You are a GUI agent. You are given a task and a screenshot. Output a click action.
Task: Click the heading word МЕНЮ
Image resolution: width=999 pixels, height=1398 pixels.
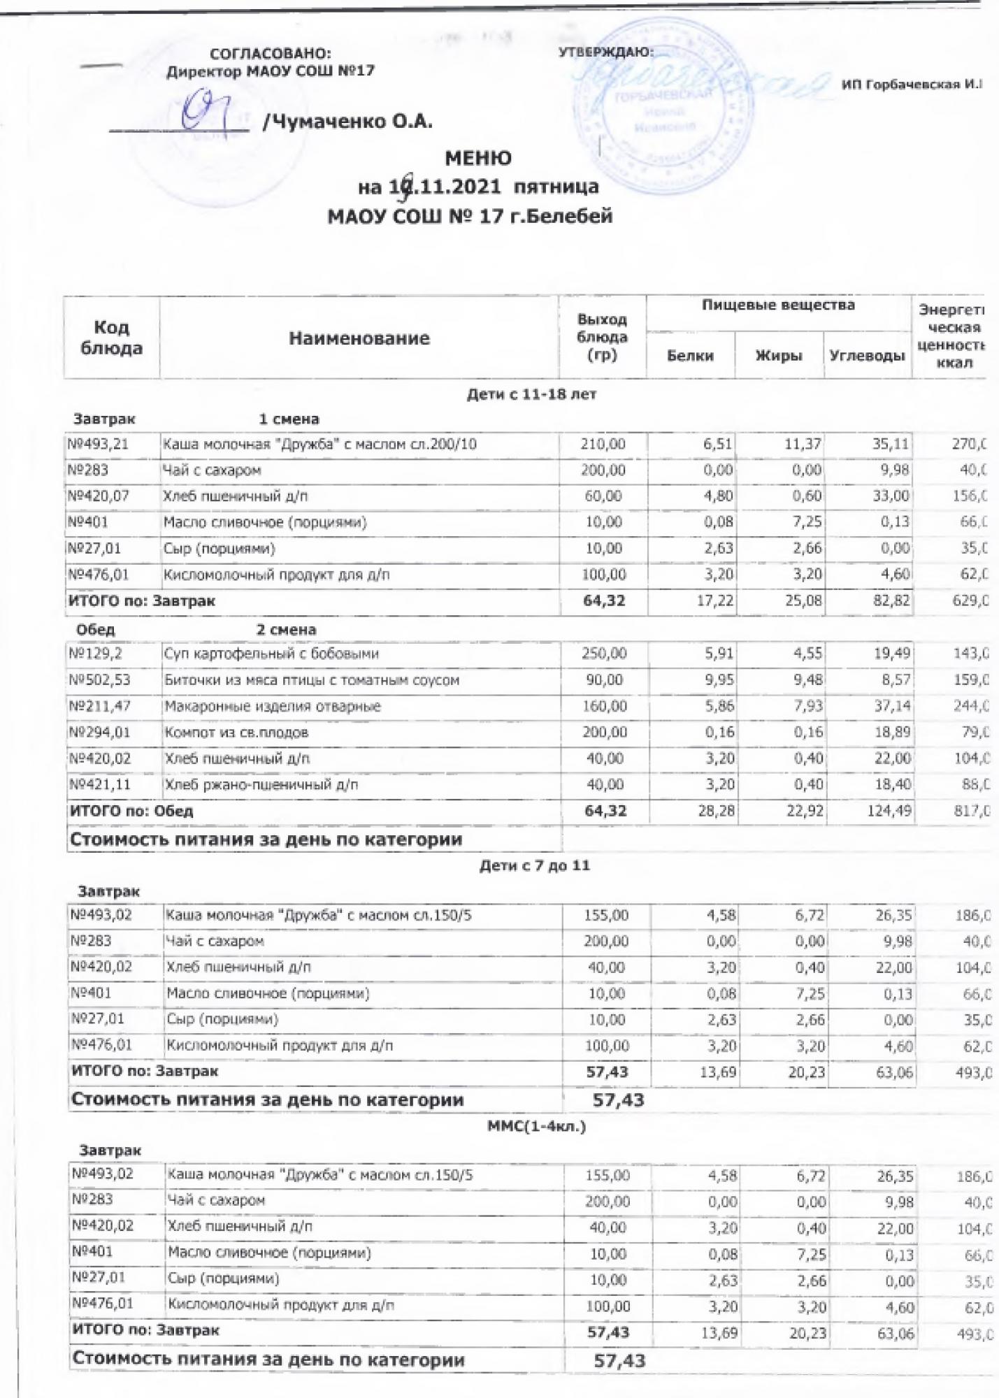pos(478,158)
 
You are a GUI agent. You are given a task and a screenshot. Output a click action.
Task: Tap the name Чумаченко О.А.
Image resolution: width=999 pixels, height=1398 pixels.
pos(347,122)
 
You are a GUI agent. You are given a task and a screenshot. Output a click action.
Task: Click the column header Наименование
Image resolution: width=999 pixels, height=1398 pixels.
pos(359,338)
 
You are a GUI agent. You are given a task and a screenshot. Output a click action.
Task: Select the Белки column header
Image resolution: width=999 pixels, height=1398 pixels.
pos(690,356)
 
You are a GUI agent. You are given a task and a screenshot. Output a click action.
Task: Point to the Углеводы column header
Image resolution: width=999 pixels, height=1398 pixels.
pos(867,356)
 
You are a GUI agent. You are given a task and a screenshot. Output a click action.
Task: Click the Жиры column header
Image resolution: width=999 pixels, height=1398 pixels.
pos(779,356)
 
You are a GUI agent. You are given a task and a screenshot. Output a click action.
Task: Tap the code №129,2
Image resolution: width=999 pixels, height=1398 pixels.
pos(96,654)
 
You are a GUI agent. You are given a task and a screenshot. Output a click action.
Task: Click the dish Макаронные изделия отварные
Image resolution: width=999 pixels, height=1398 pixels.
pos(273,707)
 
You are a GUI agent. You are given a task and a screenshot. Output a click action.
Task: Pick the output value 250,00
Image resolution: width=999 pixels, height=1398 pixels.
pos(605,654)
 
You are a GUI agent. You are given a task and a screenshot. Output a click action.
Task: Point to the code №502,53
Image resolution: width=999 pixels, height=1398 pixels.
pos(100,680)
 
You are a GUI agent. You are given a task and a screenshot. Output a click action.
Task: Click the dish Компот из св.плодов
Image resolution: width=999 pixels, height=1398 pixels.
pos(236,733)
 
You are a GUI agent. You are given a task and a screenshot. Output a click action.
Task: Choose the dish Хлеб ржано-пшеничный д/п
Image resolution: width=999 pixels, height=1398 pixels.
pos(261,785)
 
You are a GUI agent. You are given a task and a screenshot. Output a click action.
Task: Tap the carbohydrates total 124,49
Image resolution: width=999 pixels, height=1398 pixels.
pos(888,811)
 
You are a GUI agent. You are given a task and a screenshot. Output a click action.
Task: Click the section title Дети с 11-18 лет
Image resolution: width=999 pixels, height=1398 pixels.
pos(531,394)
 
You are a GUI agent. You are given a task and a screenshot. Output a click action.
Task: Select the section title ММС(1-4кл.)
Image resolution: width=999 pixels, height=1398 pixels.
pos(536,1127)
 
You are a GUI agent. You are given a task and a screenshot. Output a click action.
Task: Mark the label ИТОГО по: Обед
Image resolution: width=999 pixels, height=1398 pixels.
pos(131,811)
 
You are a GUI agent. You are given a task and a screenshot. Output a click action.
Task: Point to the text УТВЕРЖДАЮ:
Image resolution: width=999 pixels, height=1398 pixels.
pos(606,52)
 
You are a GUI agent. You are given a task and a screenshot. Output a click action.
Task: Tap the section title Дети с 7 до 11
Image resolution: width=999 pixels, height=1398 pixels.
pos(535,865)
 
